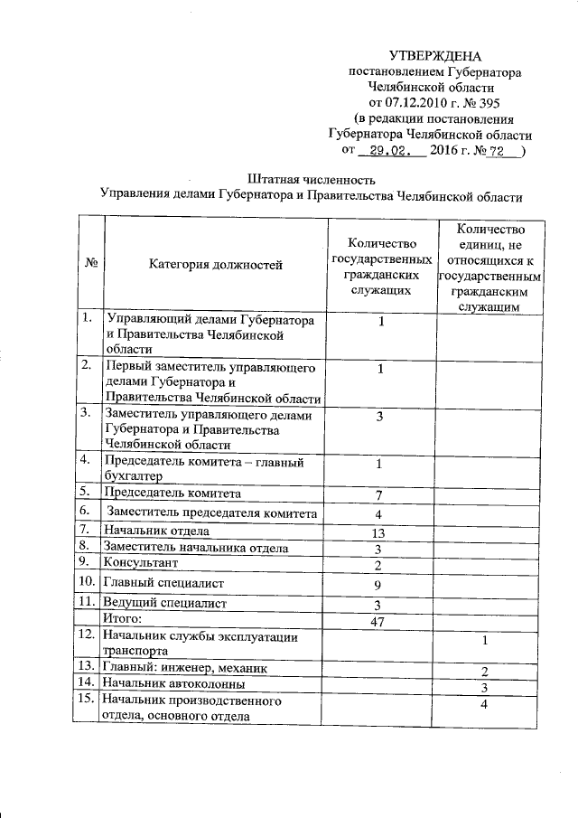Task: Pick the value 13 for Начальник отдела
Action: click(x=380, y=533)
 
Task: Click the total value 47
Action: click(x=380, y=622)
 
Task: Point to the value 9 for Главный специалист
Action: click(x=380, y=585)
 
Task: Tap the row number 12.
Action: click(x=88, y=636)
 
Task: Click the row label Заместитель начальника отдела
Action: click(x=196, y=547)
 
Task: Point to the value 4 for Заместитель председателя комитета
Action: click(x=380, y=515)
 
